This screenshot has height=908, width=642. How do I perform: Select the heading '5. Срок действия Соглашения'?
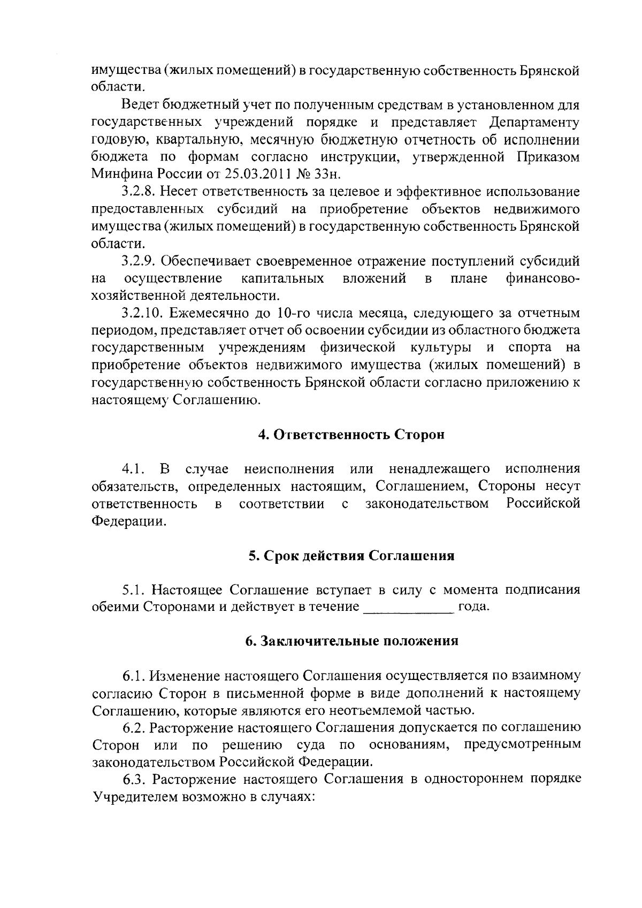coord(351,556)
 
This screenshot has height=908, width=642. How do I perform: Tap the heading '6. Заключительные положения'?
coord(351,641)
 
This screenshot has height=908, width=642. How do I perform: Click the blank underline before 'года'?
coord(408,607)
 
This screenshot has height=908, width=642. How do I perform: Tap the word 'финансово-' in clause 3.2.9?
coord(542,278)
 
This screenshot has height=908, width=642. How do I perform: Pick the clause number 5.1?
coord(134,590)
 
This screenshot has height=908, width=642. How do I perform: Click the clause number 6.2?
coord(134,728)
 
